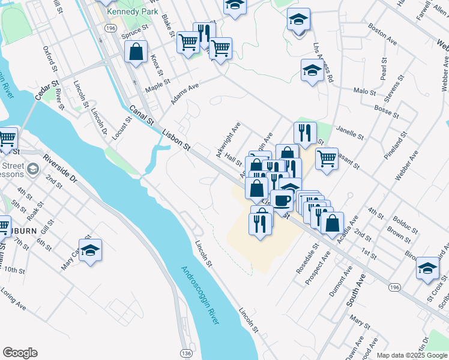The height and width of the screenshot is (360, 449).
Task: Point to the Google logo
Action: (20, 353)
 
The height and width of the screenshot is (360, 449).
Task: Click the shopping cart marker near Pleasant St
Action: (327, 159)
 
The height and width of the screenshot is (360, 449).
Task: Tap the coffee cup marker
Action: (282, 200)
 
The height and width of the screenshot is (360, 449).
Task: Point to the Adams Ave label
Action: (184, 94)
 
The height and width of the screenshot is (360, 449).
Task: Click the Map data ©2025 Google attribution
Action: (411, 355)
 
